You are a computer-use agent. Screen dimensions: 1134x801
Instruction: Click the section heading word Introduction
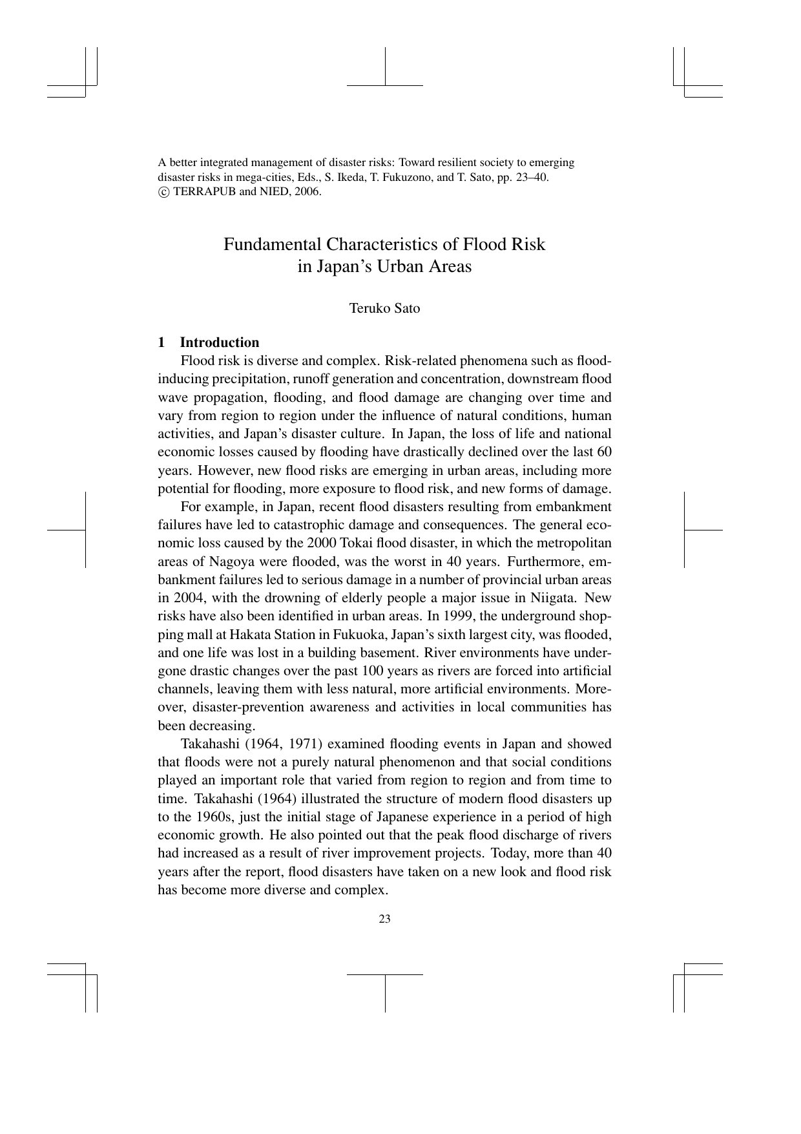[x=219, y=342]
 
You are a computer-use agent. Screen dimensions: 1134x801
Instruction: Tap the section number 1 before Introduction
[x=161, y=342]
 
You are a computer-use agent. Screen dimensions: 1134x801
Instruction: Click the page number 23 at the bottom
[x=385, y=919]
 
